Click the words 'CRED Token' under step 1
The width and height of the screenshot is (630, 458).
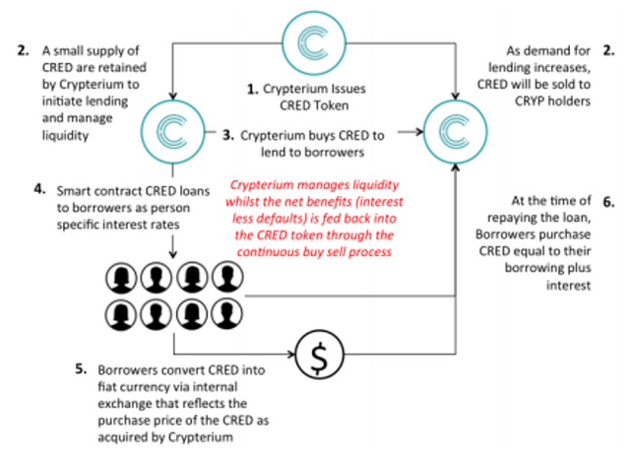click(315, 104)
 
